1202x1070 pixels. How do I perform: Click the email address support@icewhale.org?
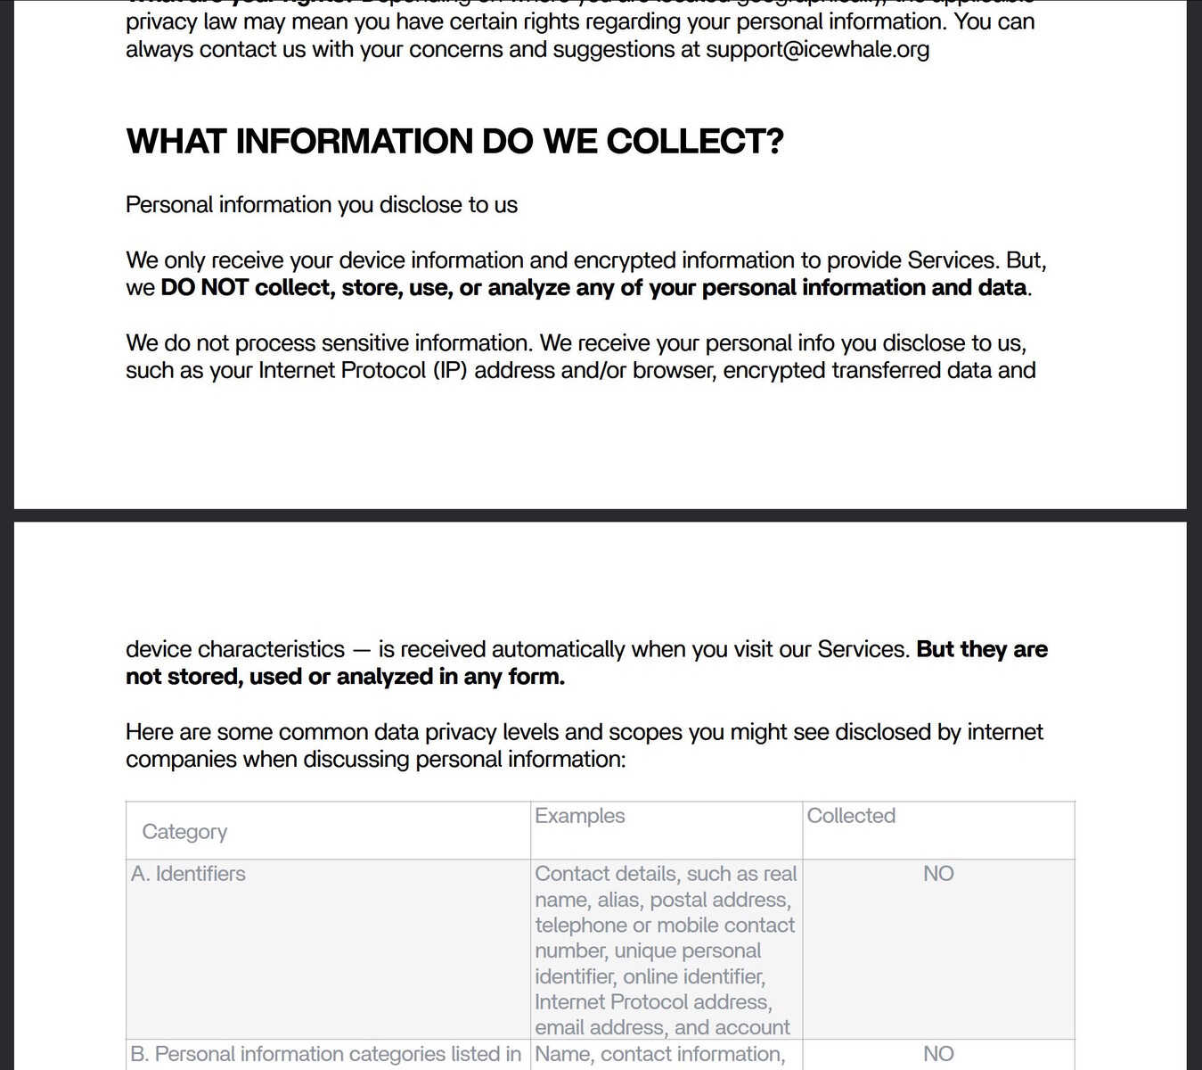point(817,49)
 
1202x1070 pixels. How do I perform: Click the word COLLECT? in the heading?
point(694,142)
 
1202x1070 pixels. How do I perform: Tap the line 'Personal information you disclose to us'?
point(321,205)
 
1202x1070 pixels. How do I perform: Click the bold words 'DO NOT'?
point(204,288)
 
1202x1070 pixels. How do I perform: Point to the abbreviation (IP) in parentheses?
point(450,370)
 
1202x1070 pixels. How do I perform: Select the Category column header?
point(184,832)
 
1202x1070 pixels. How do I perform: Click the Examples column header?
point(579,816)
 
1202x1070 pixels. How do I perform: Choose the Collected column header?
point(851,816)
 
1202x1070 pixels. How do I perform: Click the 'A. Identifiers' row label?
point(188,874)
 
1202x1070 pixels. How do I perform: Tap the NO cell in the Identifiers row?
point(938,874)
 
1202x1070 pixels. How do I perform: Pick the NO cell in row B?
point(938,1054)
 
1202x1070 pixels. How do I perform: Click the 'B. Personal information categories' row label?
point(325,1054)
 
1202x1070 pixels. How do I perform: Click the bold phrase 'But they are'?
point(981,649)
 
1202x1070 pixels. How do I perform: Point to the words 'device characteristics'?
point(234,649)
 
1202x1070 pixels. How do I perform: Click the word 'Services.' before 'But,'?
point(953,260)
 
